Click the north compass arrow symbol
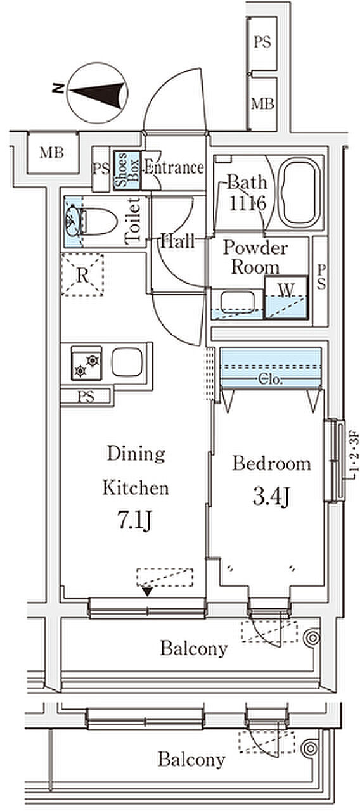click(x=97, y=93)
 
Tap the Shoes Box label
click(x=126, y=170)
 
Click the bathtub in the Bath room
click(x=300, y=193)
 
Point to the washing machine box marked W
click(x=286, y=297)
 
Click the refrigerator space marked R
click(x=82, y=275)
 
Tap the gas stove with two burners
click(x=87, y=363)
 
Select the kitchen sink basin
click(x=126, y=362)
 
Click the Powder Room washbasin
click(x=237, y=302)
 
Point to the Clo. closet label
click(x=271, y=380)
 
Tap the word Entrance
click(x=174, y=168)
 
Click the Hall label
click(x=178, y=241)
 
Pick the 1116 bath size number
click(x=248, y=203)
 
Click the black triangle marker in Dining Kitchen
click(x=147, y=592)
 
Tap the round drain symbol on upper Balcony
click(x=311, y=639)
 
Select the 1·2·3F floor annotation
click(x=354, y=450)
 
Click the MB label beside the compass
click(x=52, y=153)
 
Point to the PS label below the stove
click(x=86, y=397)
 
